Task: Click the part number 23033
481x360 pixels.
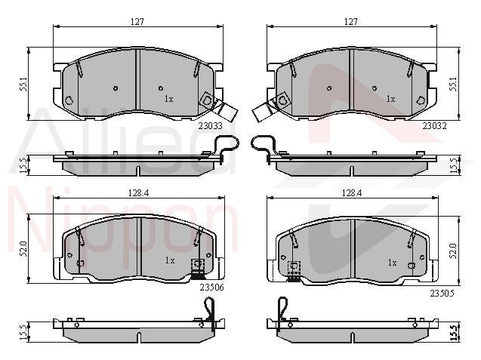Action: [x=210, y=126]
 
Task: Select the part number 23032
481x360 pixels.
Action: [x=435, y=126]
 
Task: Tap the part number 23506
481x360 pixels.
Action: [x=211, y=288]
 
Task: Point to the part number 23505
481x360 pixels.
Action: [x=442, y=294]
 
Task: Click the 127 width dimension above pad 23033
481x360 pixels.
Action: [x=137, y=22]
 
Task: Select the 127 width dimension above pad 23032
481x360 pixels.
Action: [x=351, y=22]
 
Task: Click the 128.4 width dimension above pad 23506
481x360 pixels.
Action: [x=138, y=193]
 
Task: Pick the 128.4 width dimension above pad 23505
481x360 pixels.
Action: [x=352, y=193]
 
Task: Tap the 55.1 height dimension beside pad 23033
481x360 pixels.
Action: [x=23, y=84]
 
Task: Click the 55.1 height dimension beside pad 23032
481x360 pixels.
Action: [x=453, y=84]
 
